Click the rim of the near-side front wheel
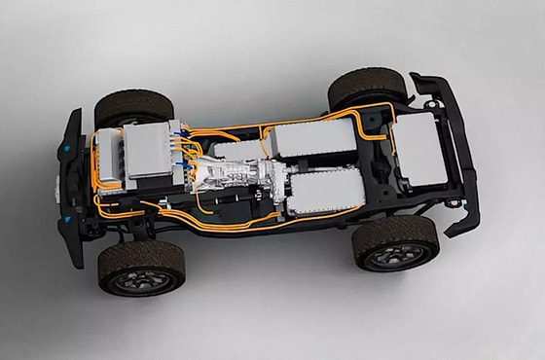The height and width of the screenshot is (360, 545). point(143,278)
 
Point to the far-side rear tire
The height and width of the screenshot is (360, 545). point(366,86)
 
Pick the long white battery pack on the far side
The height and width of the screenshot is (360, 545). point(314,138)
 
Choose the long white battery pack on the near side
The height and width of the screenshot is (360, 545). point(326,193)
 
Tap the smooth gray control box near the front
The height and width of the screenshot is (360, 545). point(149,150)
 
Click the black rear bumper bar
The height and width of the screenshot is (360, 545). point(457,146)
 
